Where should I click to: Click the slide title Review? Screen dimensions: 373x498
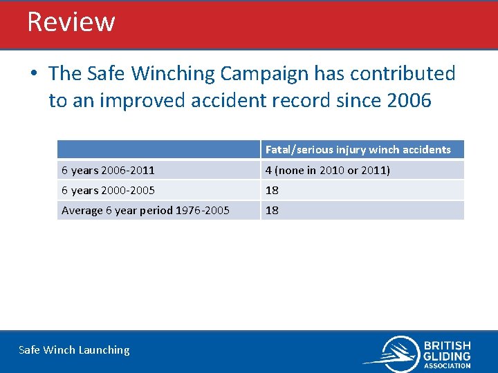coord(71,22)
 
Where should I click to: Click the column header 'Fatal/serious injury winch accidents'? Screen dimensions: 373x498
coord(358,149)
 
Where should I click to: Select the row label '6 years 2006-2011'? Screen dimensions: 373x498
coord(108,170)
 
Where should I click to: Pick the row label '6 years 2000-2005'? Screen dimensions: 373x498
coord(108,190)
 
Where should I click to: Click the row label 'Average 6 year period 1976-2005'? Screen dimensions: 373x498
coord(145,210)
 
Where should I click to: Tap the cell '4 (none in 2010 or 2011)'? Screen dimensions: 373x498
coord(327,170)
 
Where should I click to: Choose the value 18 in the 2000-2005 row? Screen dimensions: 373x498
coord(272,190)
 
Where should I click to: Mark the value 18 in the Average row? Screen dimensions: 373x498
coord(272,210)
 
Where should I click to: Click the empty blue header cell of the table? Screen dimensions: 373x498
coord(158,149)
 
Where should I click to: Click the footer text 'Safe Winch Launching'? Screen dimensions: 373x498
coord(74,350)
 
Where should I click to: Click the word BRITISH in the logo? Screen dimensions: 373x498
coord(447,345)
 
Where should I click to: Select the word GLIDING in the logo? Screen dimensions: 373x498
coord(447,356)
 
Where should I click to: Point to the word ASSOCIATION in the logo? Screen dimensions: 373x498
coord(447,365)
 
